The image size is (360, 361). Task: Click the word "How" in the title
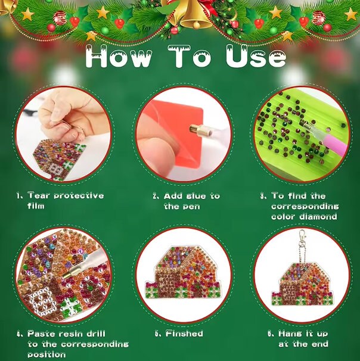(119, 57)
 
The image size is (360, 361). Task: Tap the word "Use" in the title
(256, 57)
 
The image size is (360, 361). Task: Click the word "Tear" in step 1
(39, 195)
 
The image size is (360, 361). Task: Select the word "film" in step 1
(36, 206)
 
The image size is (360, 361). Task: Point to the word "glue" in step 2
(196, 197)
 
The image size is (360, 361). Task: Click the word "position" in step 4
(46, 354)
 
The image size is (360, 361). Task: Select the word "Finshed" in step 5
(184, 334)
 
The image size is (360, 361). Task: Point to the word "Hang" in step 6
(288, 334)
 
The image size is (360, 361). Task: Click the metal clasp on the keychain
(302, 238)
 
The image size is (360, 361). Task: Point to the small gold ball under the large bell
(196, 24)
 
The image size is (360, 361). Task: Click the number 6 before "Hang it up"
(270, 334)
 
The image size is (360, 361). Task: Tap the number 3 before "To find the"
(263, 196)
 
